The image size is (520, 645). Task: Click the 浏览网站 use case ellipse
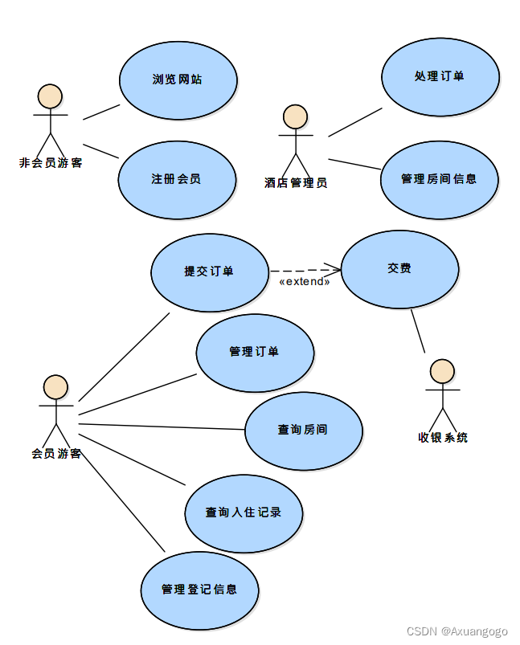178,80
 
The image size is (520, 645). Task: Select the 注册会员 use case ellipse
177,179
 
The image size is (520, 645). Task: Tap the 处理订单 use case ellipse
440,76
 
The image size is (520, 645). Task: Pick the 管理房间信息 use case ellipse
439,179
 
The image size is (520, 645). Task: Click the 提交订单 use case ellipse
209,271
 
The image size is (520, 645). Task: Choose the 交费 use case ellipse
399,269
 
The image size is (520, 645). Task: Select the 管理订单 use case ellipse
255,352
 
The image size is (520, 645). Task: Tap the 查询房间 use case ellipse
303,430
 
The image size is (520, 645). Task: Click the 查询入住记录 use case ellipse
243,512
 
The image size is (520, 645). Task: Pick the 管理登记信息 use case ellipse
199,590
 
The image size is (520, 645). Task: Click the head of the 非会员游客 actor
51,96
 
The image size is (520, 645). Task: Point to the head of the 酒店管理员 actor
296,116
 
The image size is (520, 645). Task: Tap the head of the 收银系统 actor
442,371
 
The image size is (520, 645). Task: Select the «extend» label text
305,282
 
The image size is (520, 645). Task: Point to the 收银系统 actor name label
443,438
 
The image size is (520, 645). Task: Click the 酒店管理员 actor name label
296,183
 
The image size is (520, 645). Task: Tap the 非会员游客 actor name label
51,163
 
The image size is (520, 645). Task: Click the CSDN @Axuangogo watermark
457,632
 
